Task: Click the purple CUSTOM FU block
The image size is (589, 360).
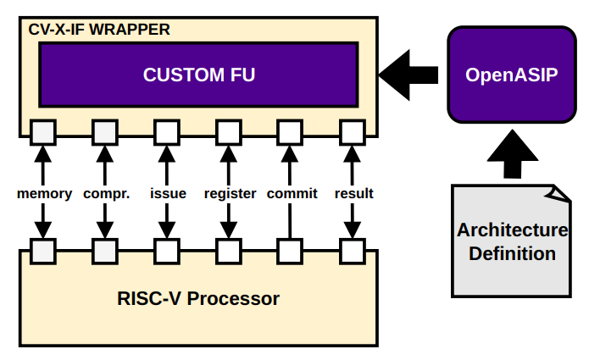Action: [198, 75]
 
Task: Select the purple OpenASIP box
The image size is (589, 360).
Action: [511, 75]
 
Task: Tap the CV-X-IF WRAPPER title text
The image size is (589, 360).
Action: [99, 30]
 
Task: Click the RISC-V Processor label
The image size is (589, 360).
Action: [197, 299]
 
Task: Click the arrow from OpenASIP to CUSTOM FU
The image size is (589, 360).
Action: [408, 75]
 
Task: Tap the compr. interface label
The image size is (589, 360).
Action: [106, 193]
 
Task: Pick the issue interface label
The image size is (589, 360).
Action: [168, 193]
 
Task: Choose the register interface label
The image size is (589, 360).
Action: [230, 193]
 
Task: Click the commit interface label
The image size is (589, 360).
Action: [292, 193]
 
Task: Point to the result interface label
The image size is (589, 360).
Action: [353, 193]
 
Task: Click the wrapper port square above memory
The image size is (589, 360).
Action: [43, 132]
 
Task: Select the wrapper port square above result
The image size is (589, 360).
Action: [353, 132]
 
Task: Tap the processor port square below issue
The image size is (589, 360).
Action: [167, 251]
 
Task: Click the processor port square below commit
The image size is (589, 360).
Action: [291, 251]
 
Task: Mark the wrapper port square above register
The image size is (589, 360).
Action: [229, 132]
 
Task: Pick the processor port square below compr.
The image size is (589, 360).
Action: [105, 251]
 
